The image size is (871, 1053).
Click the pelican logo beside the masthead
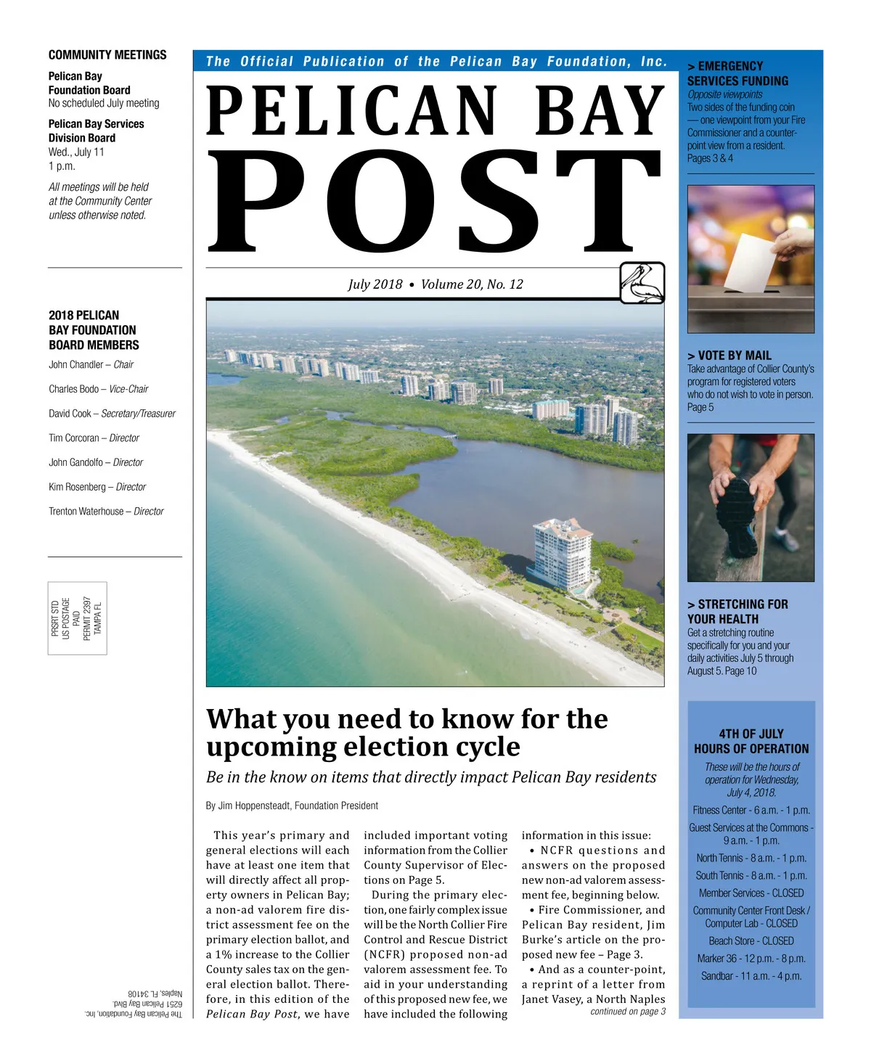[642, 282]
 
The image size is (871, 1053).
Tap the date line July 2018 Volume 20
[435, 284]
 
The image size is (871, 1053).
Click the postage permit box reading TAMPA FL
[77, 618]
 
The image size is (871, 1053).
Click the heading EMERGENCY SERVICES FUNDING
[737, 74]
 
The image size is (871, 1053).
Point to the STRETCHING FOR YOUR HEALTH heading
[737, 612]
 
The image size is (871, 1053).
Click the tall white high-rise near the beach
[562, 555]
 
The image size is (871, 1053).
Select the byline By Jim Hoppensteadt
[292, 806]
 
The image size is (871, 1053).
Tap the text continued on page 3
[628, 1012]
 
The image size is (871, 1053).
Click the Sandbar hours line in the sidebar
[751, 976]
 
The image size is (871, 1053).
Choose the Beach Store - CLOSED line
[751, 941]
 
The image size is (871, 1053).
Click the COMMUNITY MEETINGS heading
[107, 55]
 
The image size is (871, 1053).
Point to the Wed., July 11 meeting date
[76, 152]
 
